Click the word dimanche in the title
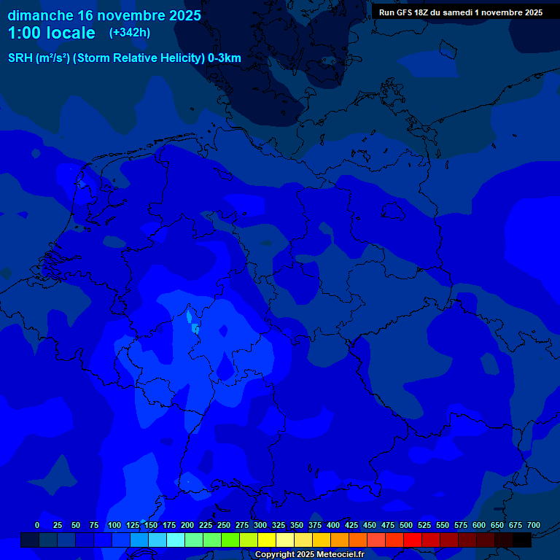39,15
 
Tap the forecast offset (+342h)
129,33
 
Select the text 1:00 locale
51,33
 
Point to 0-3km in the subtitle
225,58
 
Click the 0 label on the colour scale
37,525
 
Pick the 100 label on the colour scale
114,525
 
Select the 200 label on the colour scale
187,525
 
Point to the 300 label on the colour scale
260,525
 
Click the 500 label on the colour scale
406,525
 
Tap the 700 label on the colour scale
534,525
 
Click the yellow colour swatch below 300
266,540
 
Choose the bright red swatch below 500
412,540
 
